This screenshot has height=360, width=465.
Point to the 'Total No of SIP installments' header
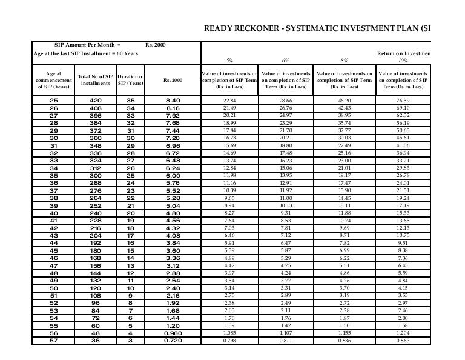click(x=95, y=80)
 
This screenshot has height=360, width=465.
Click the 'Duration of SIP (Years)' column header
click(x=130, y=80)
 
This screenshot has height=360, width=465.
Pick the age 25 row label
click(x=53, y=100)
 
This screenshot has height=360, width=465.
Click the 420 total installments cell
click(x=95, y=100)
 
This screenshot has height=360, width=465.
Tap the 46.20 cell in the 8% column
click(x=345, y=99)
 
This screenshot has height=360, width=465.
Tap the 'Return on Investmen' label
click(x=404, y=53)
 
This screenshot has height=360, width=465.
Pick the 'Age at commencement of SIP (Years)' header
click(x=53, y=80)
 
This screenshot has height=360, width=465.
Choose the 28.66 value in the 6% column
click(x=286, y=99)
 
